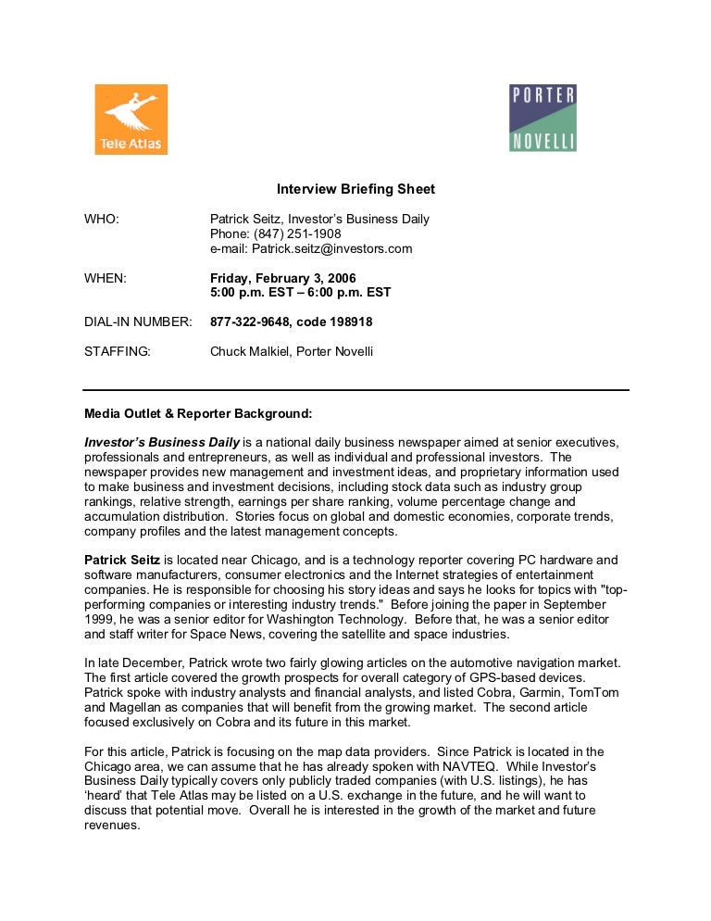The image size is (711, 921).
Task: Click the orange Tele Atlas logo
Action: (131, 120)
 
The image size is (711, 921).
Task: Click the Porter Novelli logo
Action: (543, 118)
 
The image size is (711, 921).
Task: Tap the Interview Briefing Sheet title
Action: (356, 189)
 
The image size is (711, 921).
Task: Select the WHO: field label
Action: (103, 220)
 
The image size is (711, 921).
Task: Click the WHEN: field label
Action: (106, 277)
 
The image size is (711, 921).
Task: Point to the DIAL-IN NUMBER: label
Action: (138, 322)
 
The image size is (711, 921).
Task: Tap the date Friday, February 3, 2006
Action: (282, 277)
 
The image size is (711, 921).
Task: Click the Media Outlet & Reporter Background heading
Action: (198, 412)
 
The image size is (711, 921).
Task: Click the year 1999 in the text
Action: (100, 619)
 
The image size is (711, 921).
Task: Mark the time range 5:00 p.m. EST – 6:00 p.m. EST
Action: (301, 292)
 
